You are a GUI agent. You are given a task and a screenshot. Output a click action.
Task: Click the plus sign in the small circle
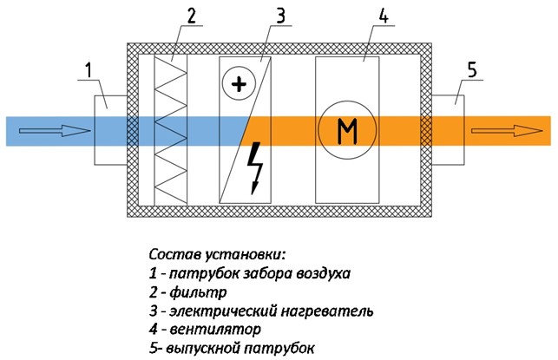pyautogui.click(x=235, y=84)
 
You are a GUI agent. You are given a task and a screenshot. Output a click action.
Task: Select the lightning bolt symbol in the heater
pyautogui.click(x=256, y=166)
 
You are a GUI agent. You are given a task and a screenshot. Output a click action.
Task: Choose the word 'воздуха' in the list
pyautogui.click(x=319, y=273)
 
